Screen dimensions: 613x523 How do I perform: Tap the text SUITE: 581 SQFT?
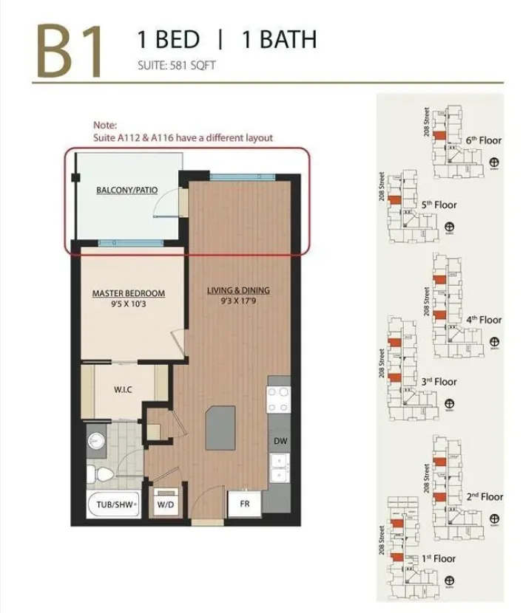click(176, 65)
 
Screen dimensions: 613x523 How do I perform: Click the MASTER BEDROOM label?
click(128, 293)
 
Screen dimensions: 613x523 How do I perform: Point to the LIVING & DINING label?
click(238, 290)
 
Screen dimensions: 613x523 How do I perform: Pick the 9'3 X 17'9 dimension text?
click(238, 301)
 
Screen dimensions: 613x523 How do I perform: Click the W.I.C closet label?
click(123, 389)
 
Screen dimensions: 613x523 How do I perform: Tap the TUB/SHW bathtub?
click(112, 505)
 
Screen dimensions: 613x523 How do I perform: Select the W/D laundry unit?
click(165, 505)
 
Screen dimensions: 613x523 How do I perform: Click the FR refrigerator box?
click(244, 505)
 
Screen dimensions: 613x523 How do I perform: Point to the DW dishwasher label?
click(280, 441)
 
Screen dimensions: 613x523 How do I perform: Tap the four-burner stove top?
click(280, 398)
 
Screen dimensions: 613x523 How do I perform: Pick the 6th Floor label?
click(483, 140)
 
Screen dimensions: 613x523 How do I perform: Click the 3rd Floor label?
click(439, 382)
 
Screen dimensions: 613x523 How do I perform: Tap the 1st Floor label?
click(439, 558)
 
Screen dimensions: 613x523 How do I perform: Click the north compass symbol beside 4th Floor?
click(495, 343)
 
